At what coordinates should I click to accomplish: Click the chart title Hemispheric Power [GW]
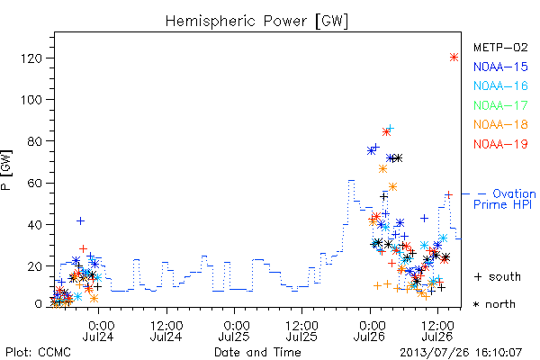(256, 21)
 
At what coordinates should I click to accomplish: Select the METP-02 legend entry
(500, 48)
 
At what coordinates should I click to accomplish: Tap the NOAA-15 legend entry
(500, 67)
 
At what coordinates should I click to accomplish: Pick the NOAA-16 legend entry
(500, 85)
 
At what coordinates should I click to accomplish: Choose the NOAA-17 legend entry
(500, 105)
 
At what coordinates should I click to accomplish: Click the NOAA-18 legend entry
(500, 124)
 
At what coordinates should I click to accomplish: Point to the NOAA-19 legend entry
(500, 144)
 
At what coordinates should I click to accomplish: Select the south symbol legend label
(498, 276)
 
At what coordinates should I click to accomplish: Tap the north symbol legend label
(494, 304)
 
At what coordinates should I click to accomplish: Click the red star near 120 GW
(454, 58)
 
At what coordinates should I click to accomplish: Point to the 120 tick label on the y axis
(31, 58)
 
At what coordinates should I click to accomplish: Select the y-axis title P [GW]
(6, 170)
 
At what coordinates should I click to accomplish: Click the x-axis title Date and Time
(257, 353)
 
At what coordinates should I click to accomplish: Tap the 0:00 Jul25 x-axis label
(235, 331)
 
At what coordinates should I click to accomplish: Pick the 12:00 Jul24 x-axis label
(166, 331)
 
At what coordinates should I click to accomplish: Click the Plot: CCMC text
(38, 353)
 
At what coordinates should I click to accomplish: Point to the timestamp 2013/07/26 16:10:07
(461, 353)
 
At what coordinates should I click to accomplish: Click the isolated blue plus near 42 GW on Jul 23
(80, 220)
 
